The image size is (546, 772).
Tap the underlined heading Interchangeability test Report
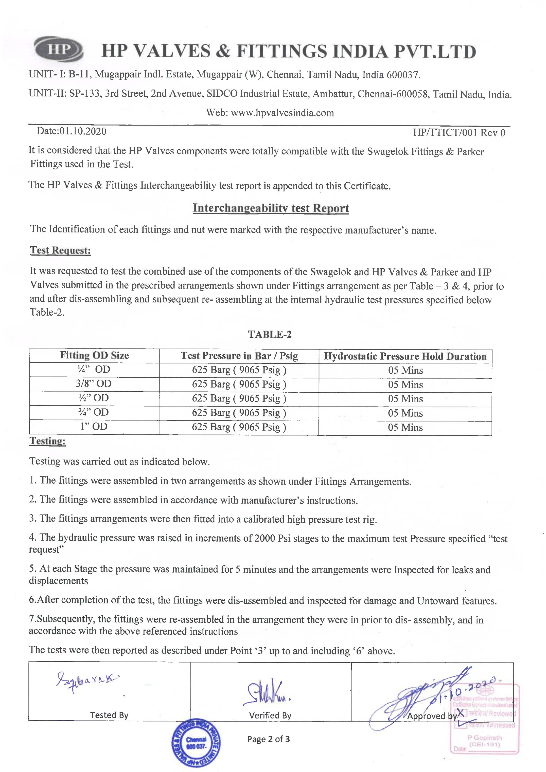coord(271,208)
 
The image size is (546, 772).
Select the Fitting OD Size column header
coord(94,355)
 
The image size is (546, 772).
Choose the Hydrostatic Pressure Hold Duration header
coord(405,356)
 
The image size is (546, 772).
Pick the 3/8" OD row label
coord(94,384)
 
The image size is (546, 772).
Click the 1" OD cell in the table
coord(94,426)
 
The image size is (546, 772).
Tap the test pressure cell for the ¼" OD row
coord(239,370)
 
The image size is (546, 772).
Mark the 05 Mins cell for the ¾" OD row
coord(405,413)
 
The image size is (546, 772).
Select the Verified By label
coord(270,716)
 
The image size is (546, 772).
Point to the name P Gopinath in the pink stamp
coord(484,738)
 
